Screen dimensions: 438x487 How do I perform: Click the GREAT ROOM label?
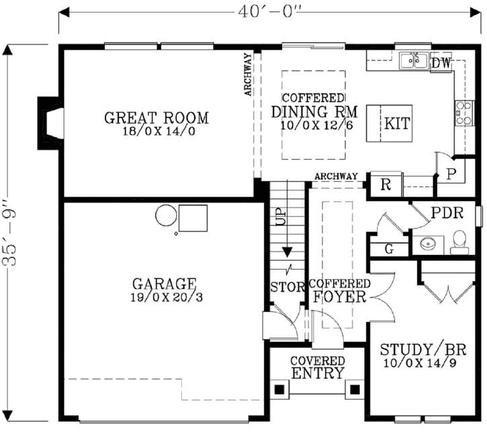click(x=157, y=119)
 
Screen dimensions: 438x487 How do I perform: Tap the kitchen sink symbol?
click(x=414, y=62)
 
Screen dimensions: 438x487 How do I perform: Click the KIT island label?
click(x=396, y=124)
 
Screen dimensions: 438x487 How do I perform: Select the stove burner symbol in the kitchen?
click(x=463, y=113)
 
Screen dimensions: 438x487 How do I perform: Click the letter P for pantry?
click(x=451, y=173)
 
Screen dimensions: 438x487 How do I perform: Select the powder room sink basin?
click(x=427, y=243)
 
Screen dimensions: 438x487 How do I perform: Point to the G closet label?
click(x=389, y=250)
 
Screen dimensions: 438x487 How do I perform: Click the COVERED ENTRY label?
click(x=318, y=368)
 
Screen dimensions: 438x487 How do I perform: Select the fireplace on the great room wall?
click(x=50, y=123)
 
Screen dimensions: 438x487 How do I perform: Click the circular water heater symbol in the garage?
click(x=165, y=216)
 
